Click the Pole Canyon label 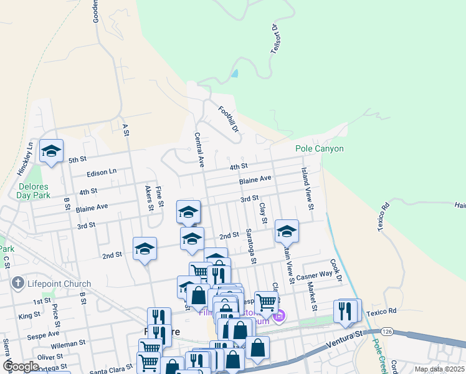click(x=319, y=149)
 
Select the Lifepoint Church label click(x=59, y=284)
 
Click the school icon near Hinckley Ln click(x=52, y=151)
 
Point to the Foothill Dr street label click(x=229, y=118)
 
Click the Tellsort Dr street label click(x=274, y=39)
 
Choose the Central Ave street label click(x=199, y=150)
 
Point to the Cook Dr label click(x=336, y=270)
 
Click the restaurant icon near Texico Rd click(x=346, y=310)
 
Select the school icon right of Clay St click(x=287, y=231)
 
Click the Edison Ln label click(x=102, y=171)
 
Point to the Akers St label click(x=149, y=198)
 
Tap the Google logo click(x=21, y=367)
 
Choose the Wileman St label click(x=68, y=343)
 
